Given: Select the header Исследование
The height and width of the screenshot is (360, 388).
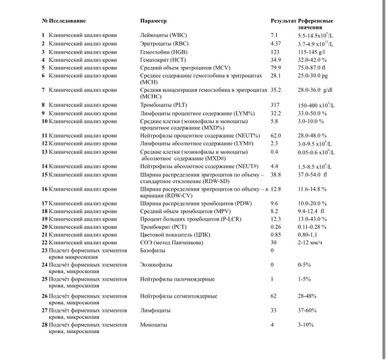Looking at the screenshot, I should (x=66, y=21).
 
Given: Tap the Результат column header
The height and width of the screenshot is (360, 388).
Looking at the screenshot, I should (x=284, y=21).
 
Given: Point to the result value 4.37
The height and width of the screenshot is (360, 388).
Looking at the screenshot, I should (x=276, y=42).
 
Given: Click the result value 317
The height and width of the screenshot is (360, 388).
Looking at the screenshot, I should (x=275, y=105).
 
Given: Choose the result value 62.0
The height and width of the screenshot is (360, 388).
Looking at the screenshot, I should (x=276, y=136).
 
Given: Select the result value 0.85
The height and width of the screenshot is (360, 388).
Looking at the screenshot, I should (x=276, y=235).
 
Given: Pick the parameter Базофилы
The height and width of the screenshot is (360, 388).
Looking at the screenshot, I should (x=152, y=251).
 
